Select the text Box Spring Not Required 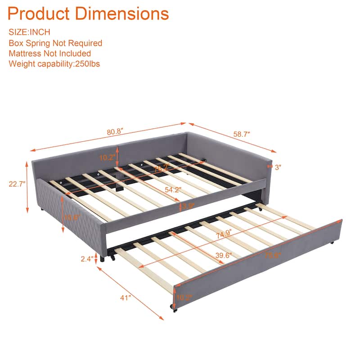point(55,43)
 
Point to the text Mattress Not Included point(49,54)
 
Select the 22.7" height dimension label point(17,184)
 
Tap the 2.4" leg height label point(87,259)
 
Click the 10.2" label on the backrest point(108,157)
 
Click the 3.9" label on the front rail point(187,207)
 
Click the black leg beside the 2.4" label point(103,259)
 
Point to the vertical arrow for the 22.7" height point(28,189)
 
